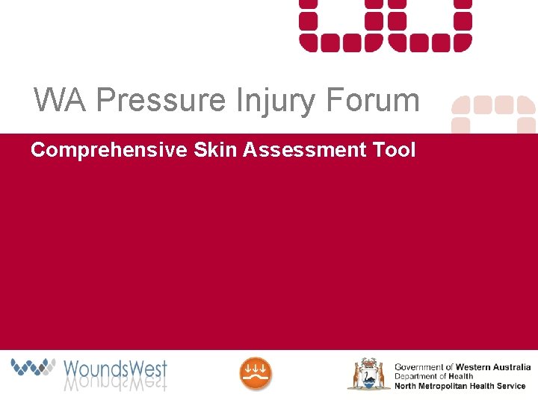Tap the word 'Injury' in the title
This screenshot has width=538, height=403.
pos(270,100)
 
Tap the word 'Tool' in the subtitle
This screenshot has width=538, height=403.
pos(393,150)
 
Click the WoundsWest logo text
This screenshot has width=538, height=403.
pos(115,368)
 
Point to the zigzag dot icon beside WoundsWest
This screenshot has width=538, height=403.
pos(34,366)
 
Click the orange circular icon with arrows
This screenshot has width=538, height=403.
pos(256,373)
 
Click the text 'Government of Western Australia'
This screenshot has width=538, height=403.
pos(462,366)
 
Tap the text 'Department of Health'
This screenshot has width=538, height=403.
pos(433,376)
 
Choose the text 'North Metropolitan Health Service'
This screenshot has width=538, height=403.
pos(460,386)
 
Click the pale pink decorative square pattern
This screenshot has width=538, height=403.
pos(494,113)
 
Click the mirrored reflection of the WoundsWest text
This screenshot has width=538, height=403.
pos(115,384)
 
